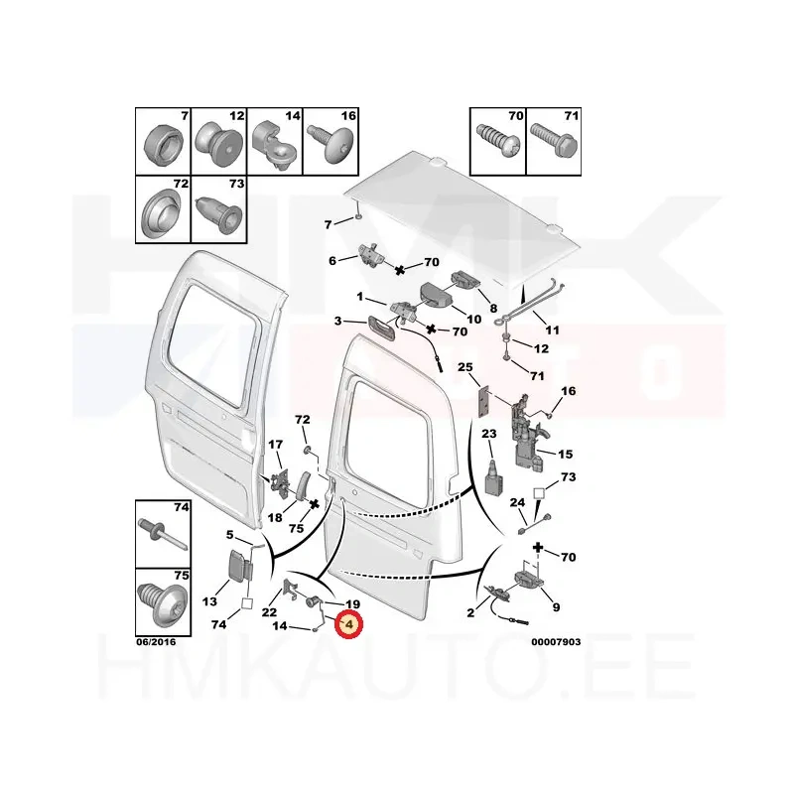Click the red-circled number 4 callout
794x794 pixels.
pos(349,624)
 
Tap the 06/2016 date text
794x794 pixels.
pos(156,642)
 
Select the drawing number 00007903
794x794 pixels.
pos(556,642)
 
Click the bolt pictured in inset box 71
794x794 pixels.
pos(554,141)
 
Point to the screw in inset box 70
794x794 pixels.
pos(497,142)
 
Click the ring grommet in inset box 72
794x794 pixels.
pos(161,214)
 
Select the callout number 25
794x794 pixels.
pos(464,366)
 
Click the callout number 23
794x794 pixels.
pos(489,434)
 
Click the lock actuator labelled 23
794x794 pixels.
pos(494,477)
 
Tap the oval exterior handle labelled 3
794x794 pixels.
pos(381,326)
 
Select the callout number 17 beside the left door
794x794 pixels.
pos(276,444)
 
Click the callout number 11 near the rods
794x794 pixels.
pos(552,331)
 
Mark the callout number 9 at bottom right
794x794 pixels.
pos(556,606)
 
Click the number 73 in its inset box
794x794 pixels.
pos(237,184)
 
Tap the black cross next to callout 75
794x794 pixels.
pos(314,504)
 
